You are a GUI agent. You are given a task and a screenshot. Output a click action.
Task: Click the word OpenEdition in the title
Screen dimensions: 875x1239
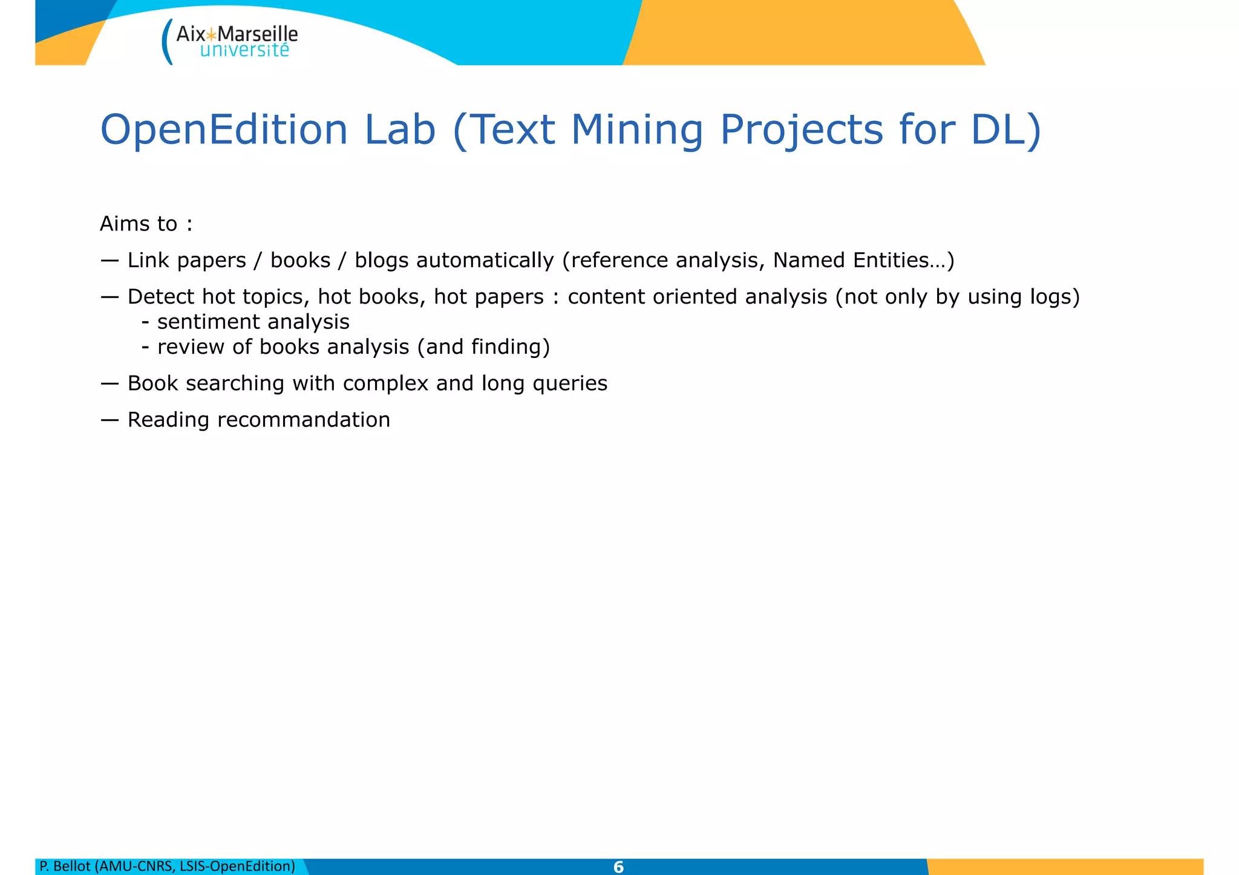pos(224,130)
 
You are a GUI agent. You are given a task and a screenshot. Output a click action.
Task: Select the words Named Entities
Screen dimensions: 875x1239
pos(850,261)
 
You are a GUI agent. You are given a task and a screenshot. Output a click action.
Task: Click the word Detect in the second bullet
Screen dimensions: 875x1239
pos(161,297)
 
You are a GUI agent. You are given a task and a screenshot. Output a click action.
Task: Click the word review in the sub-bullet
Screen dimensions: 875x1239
pos(191,347)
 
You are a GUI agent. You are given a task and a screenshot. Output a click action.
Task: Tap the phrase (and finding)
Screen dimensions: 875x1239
pos(483,347)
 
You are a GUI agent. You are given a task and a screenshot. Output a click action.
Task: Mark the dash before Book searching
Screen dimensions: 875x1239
pos(110,383)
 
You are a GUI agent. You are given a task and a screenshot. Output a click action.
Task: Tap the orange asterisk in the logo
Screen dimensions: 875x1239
pos(212,34)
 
